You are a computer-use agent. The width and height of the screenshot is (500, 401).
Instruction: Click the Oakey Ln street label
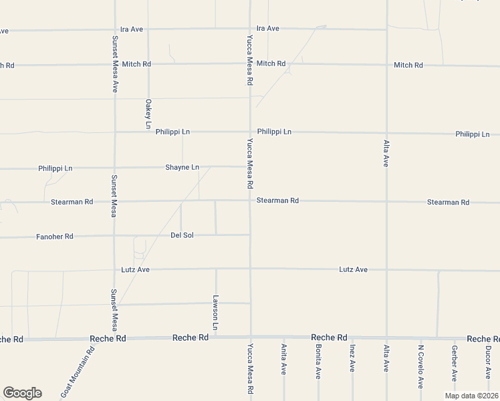pos(148,114)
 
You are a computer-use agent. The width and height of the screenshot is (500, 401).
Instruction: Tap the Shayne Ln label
pos(182,167)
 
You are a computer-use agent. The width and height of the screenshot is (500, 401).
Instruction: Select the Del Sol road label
pos(182,235)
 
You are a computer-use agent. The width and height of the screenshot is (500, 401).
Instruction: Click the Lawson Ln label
pos(216,312)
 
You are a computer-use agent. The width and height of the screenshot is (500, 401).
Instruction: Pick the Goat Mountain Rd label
pos(78,373)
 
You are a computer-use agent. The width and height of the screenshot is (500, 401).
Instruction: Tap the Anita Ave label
pos(284,360)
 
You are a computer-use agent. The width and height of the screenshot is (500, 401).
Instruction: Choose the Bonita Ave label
pos(318,363)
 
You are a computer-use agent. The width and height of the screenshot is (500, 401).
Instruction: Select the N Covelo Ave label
pos(421,366)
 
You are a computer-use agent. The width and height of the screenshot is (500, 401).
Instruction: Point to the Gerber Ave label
pos(455,362)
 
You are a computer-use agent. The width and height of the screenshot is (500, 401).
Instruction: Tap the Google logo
pos(22,393)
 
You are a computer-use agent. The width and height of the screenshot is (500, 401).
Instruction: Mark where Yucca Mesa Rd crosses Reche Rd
pos(251,338)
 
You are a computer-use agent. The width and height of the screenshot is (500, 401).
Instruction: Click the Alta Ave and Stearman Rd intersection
pos(386,201)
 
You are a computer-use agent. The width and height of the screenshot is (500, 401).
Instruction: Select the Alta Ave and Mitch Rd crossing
pos(386,65)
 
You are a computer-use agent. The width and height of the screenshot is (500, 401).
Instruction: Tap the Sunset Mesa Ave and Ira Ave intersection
pos(115,30)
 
